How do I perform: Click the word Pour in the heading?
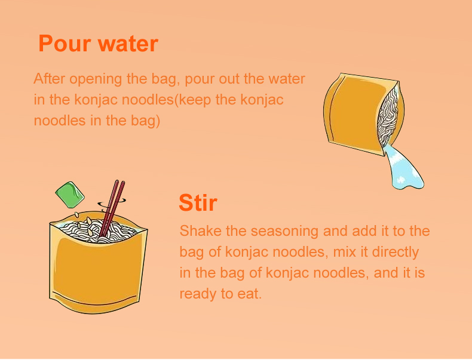[65, 44]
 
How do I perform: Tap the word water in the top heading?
[128, 44]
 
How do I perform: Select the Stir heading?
[198, 202]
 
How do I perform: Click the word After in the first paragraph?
[50, 78]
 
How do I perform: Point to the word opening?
[96, 79]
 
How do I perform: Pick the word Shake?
[200, 231]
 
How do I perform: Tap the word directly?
[396, 253]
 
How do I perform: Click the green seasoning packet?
[70, 195]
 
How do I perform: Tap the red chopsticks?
[112, 208]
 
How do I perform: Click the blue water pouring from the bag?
[403, 167]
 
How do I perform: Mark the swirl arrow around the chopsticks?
[111, 204]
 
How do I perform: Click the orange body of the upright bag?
[97, 270]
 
